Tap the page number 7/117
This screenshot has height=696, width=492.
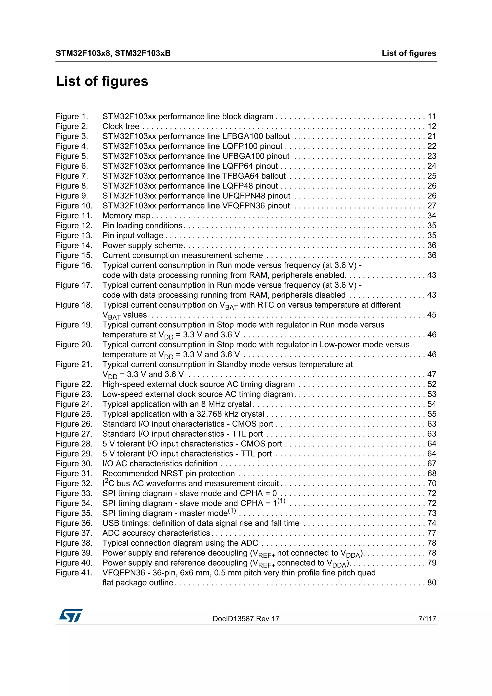427,619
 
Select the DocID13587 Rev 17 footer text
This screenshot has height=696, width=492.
246,619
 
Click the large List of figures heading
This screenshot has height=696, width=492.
102,81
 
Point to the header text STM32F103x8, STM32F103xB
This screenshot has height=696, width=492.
113,53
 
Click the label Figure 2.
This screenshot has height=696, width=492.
72,126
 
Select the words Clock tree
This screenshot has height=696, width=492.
121,126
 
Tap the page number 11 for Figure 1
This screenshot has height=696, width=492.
432,116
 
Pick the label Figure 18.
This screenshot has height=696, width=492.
74,305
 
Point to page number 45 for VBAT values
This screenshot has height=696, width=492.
432,315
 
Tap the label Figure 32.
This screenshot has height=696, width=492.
74,483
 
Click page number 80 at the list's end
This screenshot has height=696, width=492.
432,583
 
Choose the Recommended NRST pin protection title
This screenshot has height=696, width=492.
169,474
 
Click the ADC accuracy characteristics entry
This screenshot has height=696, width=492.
156,533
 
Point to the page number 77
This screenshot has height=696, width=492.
432,533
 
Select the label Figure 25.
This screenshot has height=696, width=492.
74,414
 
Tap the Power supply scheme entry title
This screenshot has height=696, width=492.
143,245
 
